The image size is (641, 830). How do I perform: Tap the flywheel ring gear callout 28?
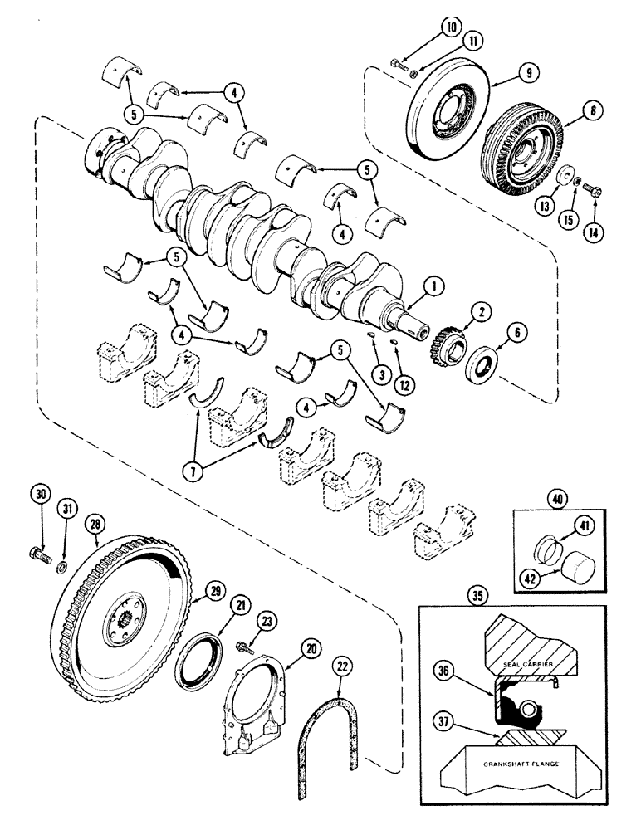96,525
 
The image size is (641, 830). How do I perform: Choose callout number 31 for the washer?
65,509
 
